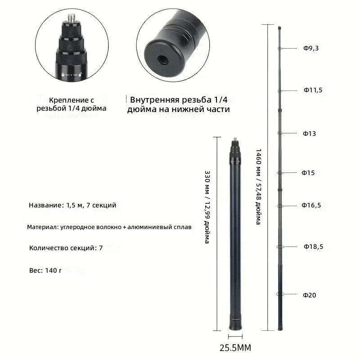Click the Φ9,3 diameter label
tap(311, 48)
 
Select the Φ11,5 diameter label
tap(313, 90)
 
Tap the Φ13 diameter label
tap(309, 134)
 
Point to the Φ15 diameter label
tap(308, 173)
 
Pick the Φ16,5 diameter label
tap(311, 205)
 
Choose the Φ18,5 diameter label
tap(313, 247)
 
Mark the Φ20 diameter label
tap(310, 295)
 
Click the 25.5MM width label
tap(235, 348)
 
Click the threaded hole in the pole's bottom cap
tap(163, 60)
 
